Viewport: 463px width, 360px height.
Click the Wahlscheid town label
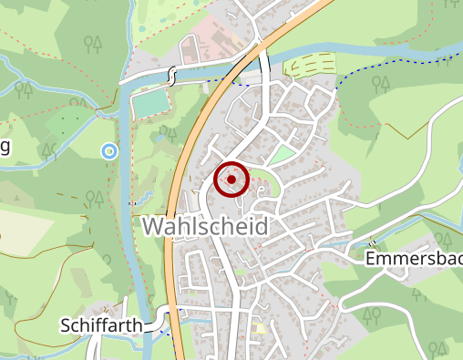[205, 226]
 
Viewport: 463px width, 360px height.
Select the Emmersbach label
[412, 259]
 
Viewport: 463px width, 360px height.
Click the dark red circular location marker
[231, 180]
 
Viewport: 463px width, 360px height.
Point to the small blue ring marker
[110, 150]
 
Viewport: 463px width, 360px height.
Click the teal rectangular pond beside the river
[151, 105]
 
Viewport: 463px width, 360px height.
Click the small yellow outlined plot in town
[262, 327]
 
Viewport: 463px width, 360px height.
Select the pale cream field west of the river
[27, 246]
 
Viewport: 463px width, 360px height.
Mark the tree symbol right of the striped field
[382, 84]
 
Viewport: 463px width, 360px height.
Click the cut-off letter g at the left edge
[4, 148]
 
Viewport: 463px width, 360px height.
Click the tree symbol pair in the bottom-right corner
[437, 349]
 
